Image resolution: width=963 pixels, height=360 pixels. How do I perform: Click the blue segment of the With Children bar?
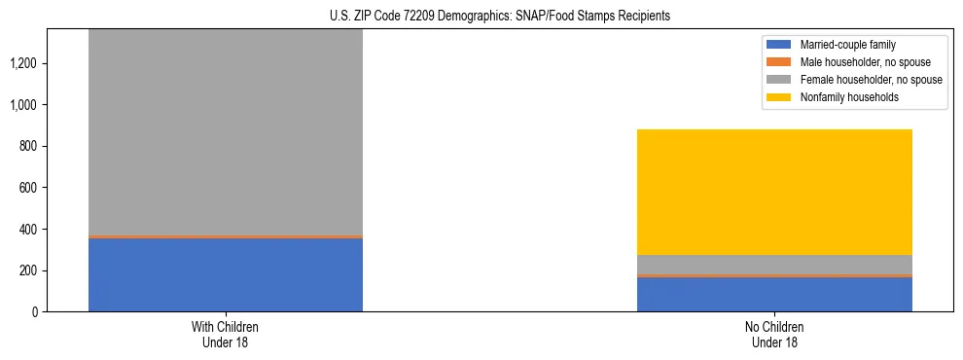(x=226, y=274)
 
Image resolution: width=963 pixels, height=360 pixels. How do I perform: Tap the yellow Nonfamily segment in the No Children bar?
(x=774, y=192)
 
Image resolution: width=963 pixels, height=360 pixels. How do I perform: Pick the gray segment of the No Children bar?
(x=774, y=264)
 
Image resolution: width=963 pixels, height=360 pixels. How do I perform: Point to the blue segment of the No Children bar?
(x=774, y=294)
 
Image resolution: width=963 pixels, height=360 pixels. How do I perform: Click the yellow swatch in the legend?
(x=780, y=97)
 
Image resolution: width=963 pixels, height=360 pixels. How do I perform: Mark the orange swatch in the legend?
(x=780, y=62)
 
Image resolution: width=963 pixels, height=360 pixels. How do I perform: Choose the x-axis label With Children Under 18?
(x=226, y=334)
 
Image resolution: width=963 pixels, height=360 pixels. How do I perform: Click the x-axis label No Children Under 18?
(x=774, y=334)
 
